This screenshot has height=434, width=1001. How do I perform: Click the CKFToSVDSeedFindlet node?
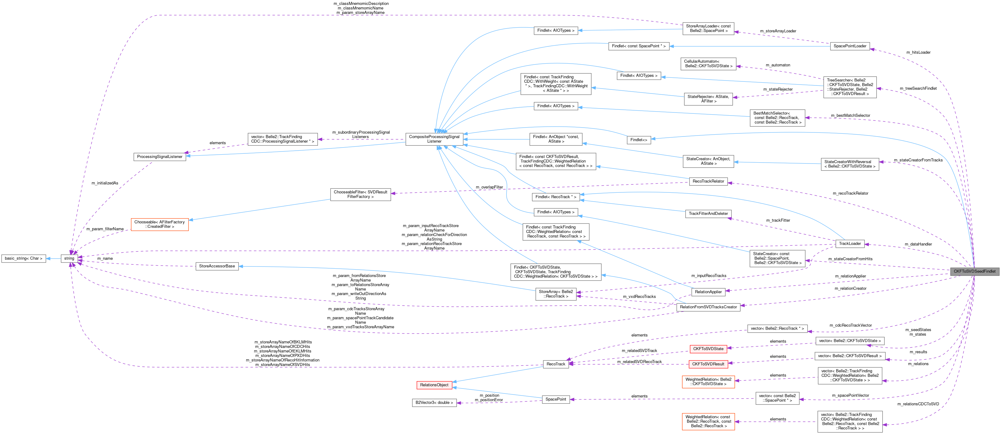click(x=974, y=271)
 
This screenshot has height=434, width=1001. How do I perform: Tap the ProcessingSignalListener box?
click(x=159, y=156)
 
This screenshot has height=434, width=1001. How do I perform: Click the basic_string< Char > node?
click(x=24, y=258)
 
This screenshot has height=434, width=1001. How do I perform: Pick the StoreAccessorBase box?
click(x=217, y=266)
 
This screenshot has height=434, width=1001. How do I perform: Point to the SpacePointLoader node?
click(x=850, y=46)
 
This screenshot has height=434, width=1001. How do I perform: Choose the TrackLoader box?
click(x=850, y=244)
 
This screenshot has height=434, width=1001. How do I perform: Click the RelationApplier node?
click(x=708, y=292)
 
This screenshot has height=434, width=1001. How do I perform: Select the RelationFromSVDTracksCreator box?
click(x=708, y=307)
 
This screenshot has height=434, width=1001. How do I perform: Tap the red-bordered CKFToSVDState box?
click(x=708, y=349)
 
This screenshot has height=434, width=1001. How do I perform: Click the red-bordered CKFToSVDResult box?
click(x=708, y=364)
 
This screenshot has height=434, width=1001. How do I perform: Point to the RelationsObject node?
click(x=434, y=385)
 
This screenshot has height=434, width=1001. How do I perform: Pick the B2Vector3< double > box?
click(x=434, y=403)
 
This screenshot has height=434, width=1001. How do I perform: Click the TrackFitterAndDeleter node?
click(x=708, y=213)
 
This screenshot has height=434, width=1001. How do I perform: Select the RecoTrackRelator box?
click(x=708, y=181)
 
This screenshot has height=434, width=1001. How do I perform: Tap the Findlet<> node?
click(x=639, y=140)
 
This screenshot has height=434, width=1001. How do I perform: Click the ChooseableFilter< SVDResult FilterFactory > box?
click(x=360, y=194)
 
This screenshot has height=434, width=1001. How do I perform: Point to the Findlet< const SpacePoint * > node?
click(x=639, y=46)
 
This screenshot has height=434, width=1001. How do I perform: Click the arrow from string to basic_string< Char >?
click(x=53, y=258)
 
